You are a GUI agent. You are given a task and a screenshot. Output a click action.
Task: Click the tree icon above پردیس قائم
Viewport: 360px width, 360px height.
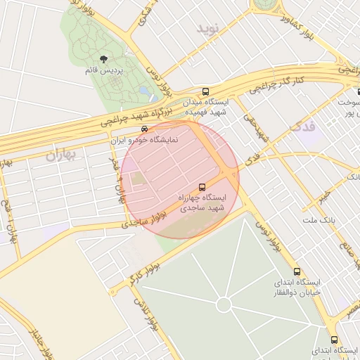[x=104, y=60]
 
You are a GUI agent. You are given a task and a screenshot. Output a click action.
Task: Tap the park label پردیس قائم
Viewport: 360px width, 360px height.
[x=104, y=71]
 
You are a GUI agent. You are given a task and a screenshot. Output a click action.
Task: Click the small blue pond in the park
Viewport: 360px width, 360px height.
[x=145, y=91]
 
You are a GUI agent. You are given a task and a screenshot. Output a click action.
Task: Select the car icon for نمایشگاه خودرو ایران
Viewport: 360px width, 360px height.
[x=144, y=129]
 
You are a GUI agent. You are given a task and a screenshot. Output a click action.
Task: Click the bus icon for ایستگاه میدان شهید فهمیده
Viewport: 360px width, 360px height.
[x=205, y=91]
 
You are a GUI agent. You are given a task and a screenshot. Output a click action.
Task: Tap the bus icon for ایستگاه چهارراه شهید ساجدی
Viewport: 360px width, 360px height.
[x=202, y=187]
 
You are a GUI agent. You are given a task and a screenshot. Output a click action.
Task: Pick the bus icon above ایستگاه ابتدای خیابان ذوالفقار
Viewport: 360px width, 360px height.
[x=296, y=271]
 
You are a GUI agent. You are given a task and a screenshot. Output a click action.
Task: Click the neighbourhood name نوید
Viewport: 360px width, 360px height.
[x=209, y=29]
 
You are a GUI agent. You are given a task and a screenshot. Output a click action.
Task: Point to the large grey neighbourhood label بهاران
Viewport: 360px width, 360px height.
[x=60, y=155]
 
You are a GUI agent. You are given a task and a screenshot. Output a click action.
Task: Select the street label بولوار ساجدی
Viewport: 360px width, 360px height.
[x=143, y=221]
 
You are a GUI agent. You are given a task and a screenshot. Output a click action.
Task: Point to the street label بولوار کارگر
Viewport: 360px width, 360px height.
[x=146, y=270]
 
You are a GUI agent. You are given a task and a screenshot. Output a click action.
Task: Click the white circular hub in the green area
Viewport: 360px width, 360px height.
[x=224, y=305]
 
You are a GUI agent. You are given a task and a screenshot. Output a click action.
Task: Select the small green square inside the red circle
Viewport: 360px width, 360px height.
[x=139, y=179]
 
